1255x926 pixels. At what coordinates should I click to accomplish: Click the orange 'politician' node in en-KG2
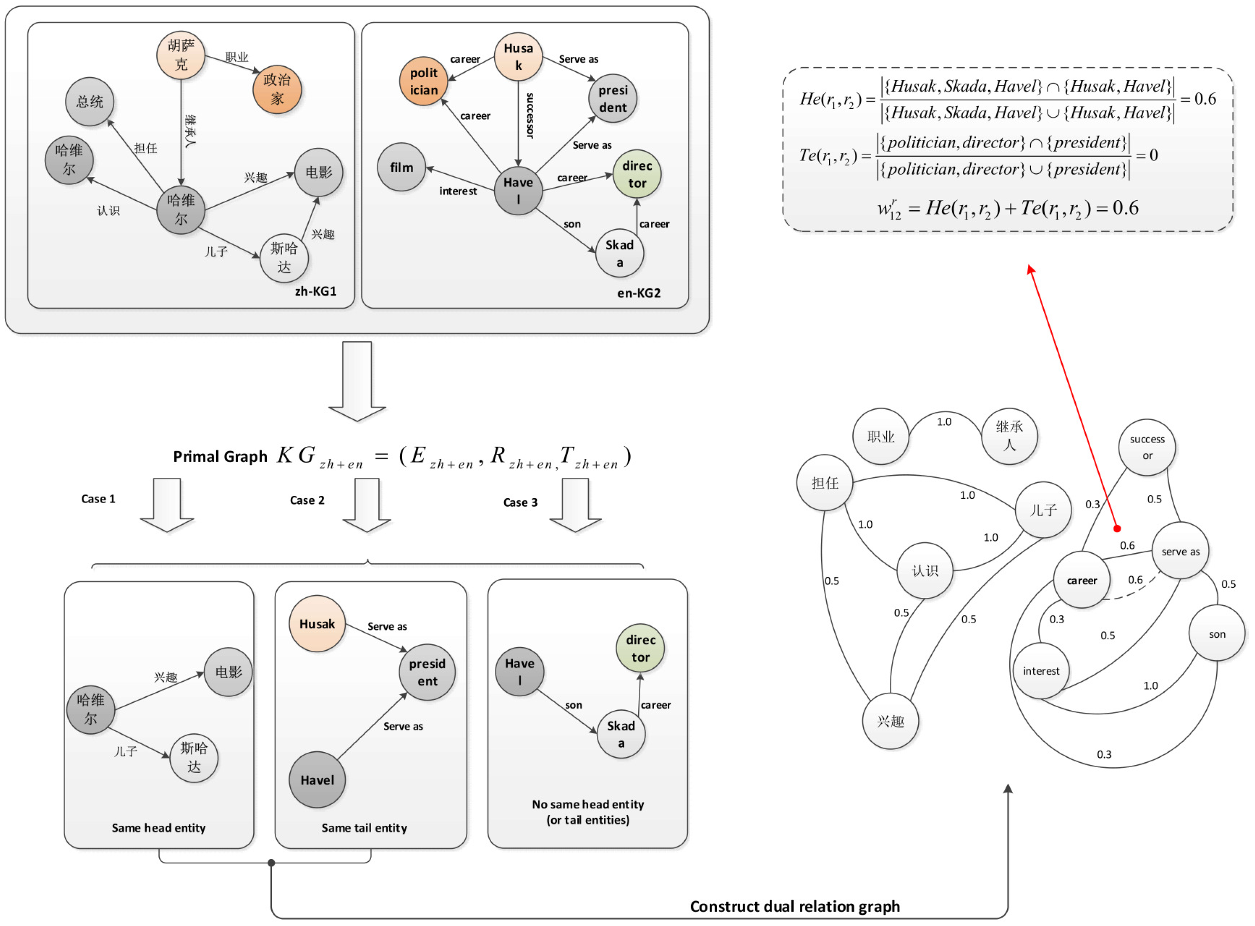(424, 81)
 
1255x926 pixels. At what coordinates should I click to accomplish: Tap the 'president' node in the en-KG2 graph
(613, 99)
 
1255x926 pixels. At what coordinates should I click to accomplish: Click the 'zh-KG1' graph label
(316, 292)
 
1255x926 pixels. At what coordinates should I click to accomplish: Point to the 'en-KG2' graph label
(639, 293)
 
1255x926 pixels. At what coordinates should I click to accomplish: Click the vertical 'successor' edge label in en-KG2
(530, 116)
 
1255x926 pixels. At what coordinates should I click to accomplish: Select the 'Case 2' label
(307, 500)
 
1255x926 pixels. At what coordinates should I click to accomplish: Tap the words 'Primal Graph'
(220, 457)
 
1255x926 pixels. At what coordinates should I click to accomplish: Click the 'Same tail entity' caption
(364, 829)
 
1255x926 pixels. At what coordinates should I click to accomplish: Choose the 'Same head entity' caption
(159, 829)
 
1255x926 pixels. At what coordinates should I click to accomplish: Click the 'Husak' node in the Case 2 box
(317, 624)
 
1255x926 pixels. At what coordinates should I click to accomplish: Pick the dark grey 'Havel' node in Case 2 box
(317, 780)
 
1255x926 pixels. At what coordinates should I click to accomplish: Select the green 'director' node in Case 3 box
(641, 648)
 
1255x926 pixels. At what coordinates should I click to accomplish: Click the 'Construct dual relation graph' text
(795, 907)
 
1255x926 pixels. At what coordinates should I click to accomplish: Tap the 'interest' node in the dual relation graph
(1041, 671)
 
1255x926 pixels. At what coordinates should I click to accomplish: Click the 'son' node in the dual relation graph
(1217, 634)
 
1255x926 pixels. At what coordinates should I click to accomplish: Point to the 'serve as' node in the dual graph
(1181, 551)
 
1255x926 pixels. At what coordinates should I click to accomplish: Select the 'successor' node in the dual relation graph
(1148, 447)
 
